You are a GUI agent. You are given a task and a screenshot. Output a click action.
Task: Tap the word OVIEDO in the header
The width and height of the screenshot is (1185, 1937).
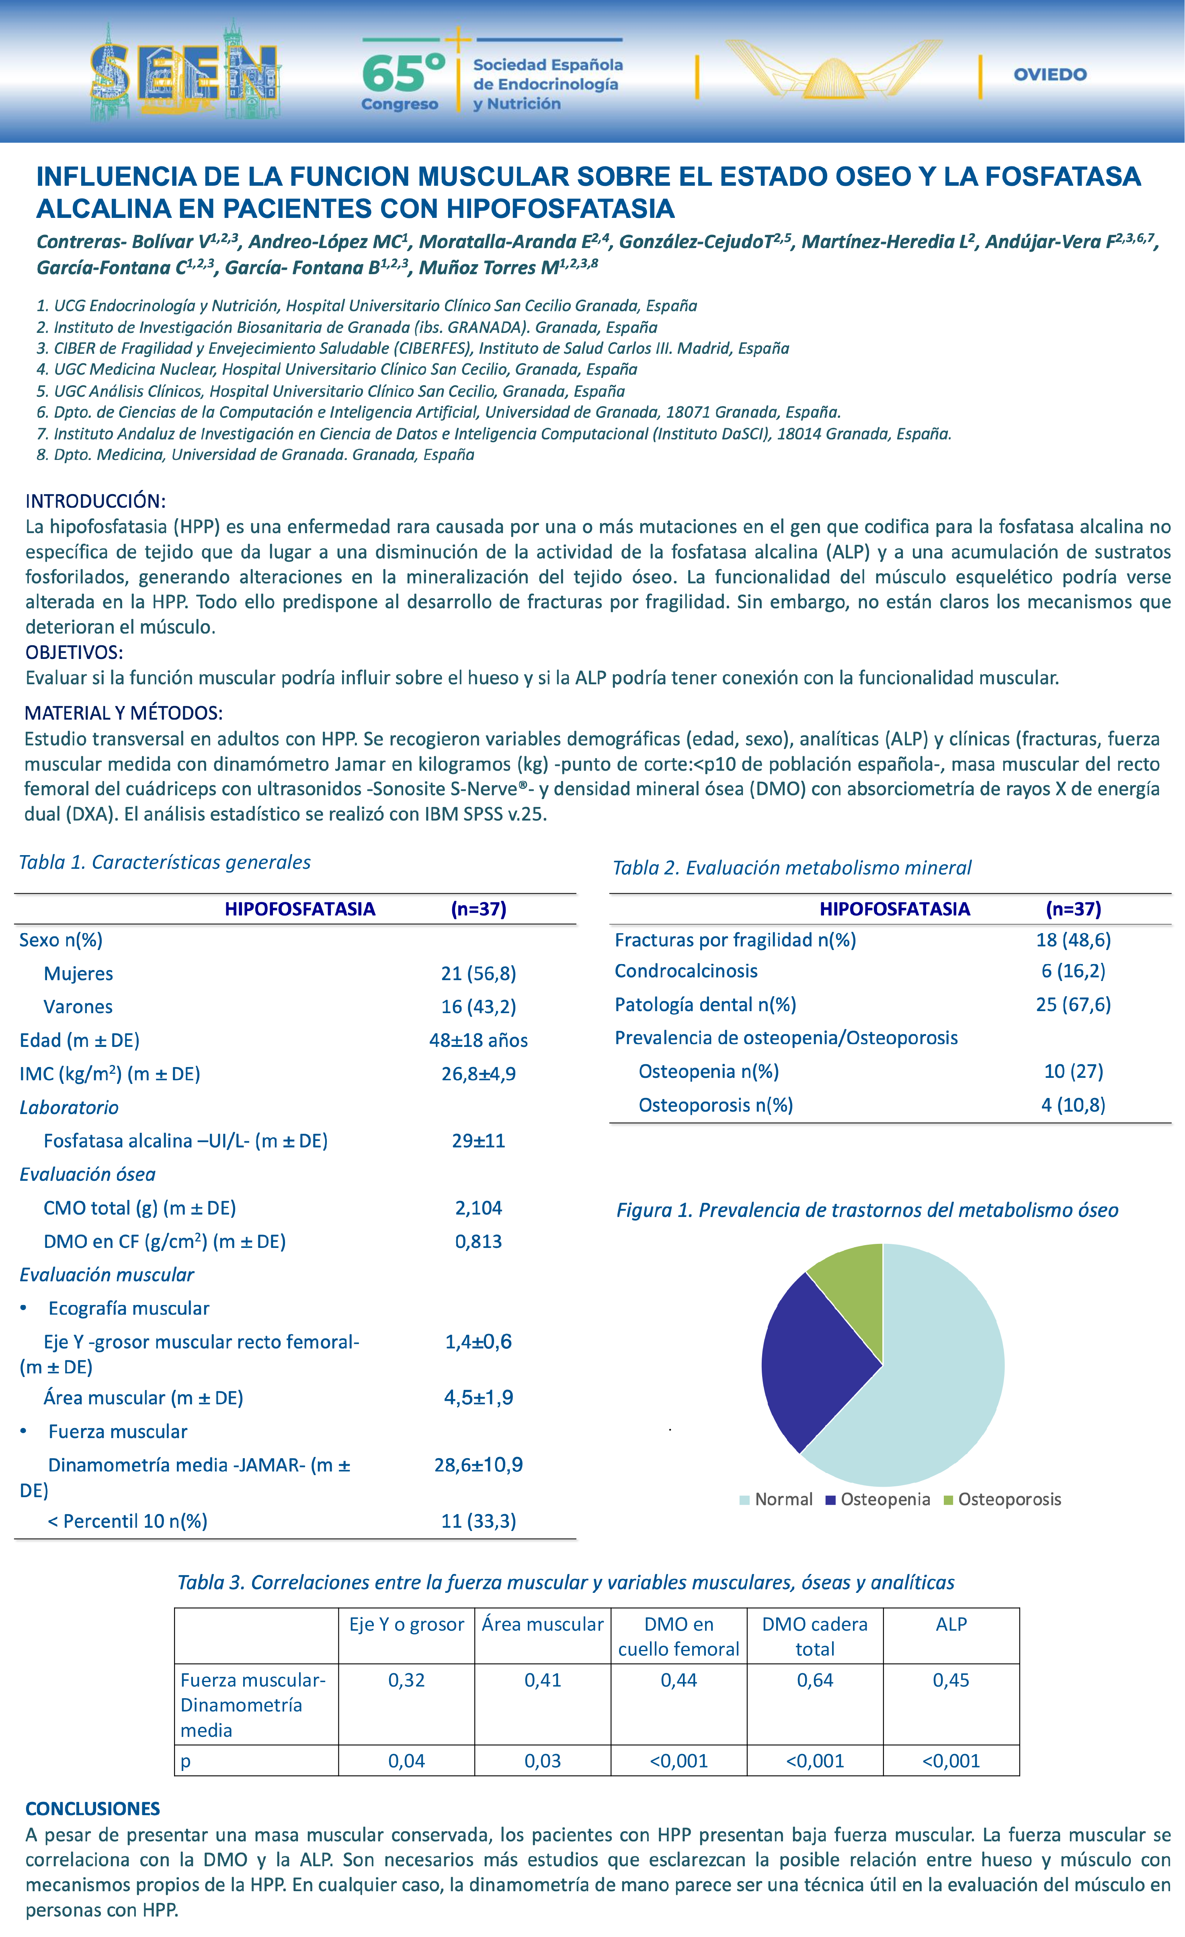pos(1050,75)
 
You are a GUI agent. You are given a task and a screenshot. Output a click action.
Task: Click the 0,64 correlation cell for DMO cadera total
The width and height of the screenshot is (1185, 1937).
pos(815,1680)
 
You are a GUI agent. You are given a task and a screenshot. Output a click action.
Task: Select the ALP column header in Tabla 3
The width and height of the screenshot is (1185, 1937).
pos(951,1624)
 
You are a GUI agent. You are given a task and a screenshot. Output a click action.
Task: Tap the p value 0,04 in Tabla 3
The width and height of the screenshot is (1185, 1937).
pos(406,1761)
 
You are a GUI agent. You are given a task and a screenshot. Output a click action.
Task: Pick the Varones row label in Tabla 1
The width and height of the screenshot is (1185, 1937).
pos(78,1007)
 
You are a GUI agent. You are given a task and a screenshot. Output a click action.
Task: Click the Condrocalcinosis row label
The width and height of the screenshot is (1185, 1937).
pos(686,971)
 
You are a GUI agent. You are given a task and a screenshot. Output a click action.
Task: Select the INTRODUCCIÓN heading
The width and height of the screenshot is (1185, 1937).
pos(95,501)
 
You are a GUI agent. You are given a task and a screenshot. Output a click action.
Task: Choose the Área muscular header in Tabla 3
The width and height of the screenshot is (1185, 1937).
pos(542,1624)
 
